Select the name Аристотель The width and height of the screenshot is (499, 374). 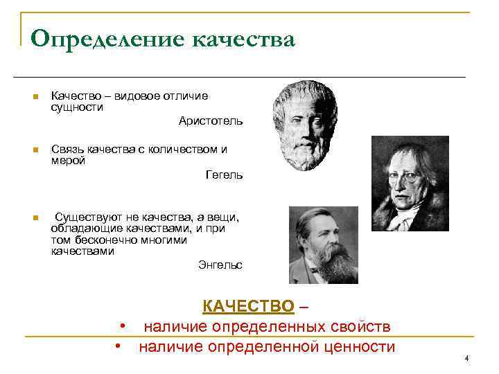(211, 121)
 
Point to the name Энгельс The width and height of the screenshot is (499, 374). (220, 265)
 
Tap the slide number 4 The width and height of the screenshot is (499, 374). (466, 358)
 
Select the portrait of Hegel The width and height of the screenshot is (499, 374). (410, 183)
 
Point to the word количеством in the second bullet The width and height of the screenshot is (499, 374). (185, 150)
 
